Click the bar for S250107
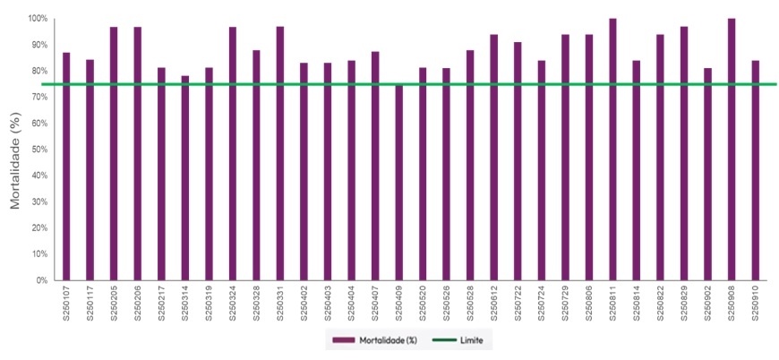pos(66,167)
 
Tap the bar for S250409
pos(399,183)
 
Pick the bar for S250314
pos(185,178)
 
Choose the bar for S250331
pos(280,153)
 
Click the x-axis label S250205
pos(114,305)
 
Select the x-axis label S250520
pos(423,305)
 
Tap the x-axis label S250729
pos(565,305)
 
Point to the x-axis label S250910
pos(756,305)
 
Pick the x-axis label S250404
pos(352,305)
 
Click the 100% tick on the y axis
pos(37,19)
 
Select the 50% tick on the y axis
pos(39,150)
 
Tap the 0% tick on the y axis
pos(41,280)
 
